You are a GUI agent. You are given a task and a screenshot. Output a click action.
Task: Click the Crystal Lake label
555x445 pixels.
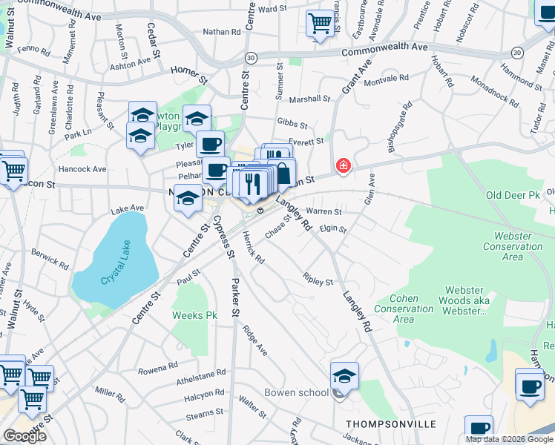(x=116, y=280)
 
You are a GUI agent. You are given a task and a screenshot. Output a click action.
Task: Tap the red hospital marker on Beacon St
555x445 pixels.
(x=342, y=165)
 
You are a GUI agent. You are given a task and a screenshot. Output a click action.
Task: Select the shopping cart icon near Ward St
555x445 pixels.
(x=320, y=23)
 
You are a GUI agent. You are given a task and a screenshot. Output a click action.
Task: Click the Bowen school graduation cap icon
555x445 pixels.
(x=344, y=376)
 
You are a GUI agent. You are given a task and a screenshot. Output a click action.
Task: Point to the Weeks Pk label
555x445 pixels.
(x=194, y=315)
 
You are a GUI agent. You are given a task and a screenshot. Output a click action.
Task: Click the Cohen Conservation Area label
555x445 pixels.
(x=404, y=309)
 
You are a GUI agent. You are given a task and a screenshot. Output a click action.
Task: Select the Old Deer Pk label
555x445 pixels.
(x=513, y=196)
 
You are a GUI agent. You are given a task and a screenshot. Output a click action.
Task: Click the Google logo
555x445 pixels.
(x=24, y=436)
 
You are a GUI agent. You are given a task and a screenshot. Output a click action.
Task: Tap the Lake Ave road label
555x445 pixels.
(x=126, y=209)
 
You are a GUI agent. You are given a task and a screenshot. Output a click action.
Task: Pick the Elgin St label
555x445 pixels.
(x=333, y=230)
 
